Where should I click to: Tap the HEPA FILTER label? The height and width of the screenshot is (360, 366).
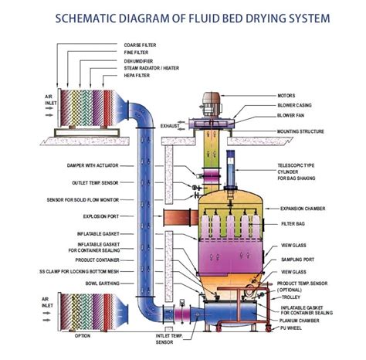tap(137, 74)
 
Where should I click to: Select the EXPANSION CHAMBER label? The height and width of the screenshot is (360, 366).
tap(305, 209)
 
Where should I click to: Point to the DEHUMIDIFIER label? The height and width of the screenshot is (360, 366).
tap(139, 59)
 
